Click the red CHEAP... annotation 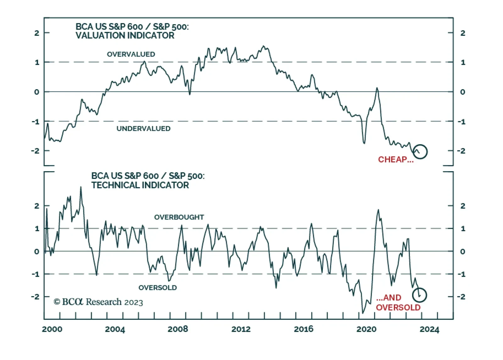point(395,160)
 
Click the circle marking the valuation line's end point(420,152)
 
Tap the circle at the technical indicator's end point(419,295)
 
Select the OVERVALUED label point(131,54)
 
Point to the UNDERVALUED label point(143,128)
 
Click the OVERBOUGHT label point(179,217)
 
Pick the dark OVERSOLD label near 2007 point(158,287)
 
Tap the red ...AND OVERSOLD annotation point(398,303)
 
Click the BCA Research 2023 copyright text point(98,302)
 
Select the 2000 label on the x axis point(52,329)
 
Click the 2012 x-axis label point(241,329)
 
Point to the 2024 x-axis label point(429,329)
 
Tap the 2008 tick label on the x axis point(178,329)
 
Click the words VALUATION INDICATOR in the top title point(125,35)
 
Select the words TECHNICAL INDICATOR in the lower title point(140,185)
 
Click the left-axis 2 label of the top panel point(37,33)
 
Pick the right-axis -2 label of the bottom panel point(461,297)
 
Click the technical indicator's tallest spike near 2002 point(81,187)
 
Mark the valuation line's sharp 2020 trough point(364,143)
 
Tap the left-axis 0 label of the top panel point(37,92)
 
